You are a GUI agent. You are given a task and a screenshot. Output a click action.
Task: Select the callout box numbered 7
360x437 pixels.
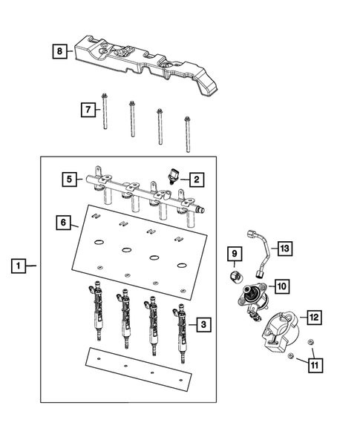pos(88,110)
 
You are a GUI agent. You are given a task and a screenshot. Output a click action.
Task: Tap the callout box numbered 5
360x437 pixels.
pos(68,179)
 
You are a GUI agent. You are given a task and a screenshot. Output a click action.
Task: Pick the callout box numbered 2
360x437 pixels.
pos(196,179)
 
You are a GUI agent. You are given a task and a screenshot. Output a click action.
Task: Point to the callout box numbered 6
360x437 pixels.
pos(64,222)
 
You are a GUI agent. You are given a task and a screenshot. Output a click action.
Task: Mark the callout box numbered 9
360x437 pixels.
pos(233,255)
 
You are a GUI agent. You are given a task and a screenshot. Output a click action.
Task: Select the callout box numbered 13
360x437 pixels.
pos(283,249)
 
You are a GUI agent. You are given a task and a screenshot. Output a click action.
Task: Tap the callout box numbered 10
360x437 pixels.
pos(282,285)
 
